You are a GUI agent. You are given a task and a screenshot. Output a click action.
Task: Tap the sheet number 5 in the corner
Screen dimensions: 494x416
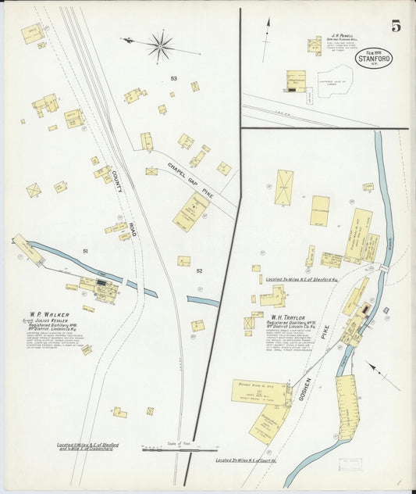tap(396, 26)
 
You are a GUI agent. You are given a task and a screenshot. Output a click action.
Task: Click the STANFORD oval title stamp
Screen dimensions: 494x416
tap(374, 59)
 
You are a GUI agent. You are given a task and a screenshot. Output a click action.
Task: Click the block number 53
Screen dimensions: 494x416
tap(173, 78)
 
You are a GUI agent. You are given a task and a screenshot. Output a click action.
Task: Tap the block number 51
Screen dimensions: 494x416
tap(86, 251)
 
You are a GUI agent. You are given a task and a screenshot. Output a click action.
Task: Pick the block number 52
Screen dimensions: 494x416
tap(199, 270)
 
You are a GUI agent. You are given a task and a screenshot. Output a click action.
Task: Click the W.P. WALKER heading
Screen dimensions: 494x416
tap(46, 316)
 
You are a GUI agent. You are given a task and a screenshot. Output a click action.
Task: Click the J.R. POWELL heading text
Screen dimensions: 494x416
tap(341, 35)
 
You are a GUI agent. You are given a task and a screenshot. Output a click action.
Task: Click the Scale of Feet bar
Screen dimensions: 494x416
tap(179, 449)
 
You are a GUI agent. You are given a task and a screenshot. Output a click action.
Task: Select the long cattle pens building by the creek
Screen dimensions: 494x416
tap(344, 406)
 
